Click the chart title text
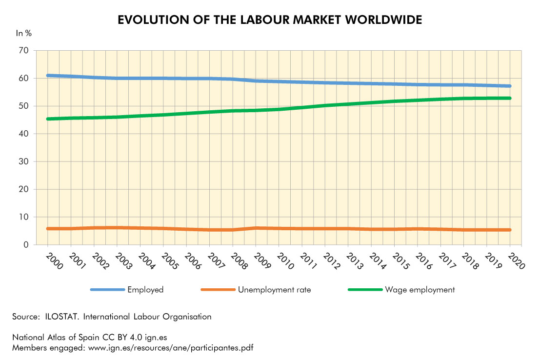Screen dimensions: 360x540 tap(270, 20)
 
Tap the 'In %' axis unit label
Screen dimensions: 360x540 tap(24, 34)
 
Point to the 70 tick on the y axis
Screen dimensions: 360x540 tap(23, 51)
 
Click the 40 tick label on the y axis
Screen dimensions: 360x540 tap(23, 134)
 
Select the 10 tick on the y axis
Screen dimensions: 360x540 tap(23, 217)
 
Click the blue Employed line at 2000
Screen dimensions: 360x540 tap(48, 76)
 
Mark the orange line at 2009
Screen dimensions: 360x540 tap(256, 228)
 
